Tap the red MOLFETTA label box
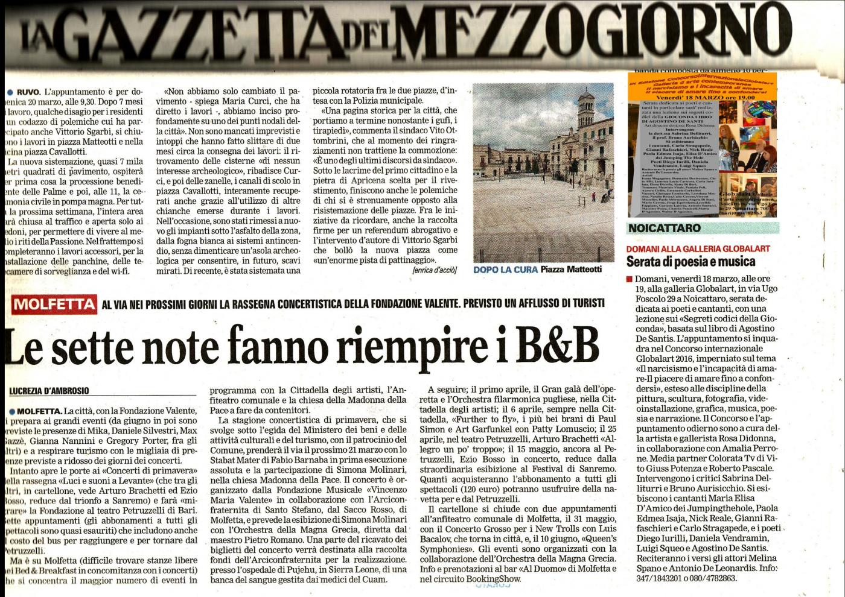tap(54, 304)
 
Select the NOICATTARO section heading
tap(664, 228)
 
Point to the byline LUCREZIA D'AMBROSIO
tap(49, 391)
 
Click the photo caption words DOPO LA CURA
tap(505, 270)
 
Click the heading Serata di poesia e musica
tap(690, 261)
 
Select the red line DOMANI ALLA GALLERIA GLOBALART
tap(698, 248)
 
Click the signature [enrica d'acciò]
tap(435, 271)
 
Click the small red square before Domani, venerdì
tap(630, 279)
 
